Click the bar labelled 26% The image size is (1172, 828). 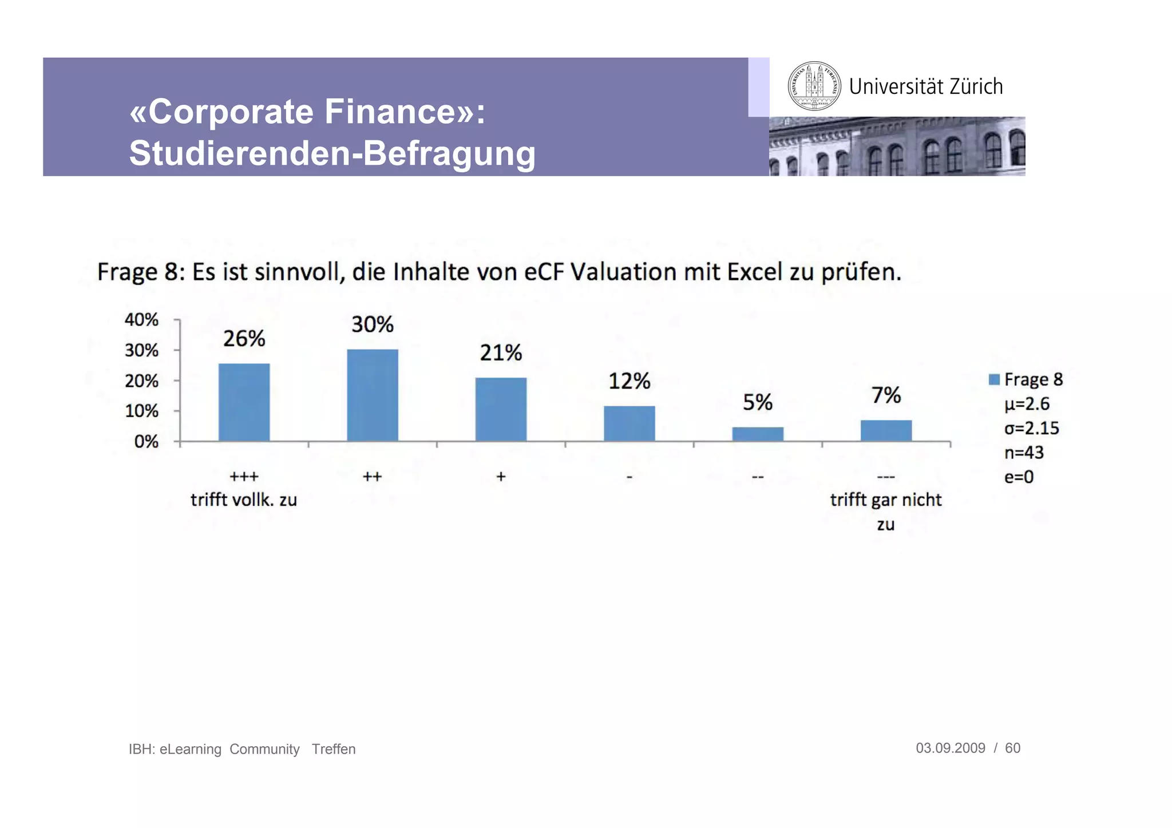244,402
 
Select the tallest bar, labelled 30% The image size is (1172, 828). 373,395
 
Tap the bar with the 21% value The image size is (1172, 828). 501,409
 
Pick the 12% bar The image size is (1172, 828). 629,423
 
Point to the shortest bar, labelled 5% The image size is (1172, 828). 758,434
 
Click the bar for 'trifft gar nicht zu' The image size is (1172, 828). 886,430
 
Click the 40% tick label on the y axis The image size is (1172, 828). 141,319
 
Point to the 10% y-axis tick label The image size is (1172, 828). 141,411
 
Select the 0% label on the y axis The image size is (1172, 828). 146,442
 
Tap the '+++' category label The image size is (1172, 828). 244,476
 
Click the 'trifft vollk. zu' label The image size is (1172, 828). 244,500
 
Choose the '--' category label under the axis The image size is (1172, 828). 758,477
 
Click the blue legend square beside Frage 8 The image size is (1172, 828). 994,379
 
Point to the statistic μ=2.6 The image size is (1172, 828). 1027,404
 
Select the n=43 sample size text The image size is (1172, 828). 1024,453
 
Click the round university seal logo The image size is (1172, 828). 814,86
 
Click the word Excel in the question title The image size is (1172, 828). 754,272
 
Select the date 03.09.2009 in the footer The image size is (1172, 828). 951,748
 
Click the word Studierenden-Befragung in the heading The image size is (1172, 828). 332,153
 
